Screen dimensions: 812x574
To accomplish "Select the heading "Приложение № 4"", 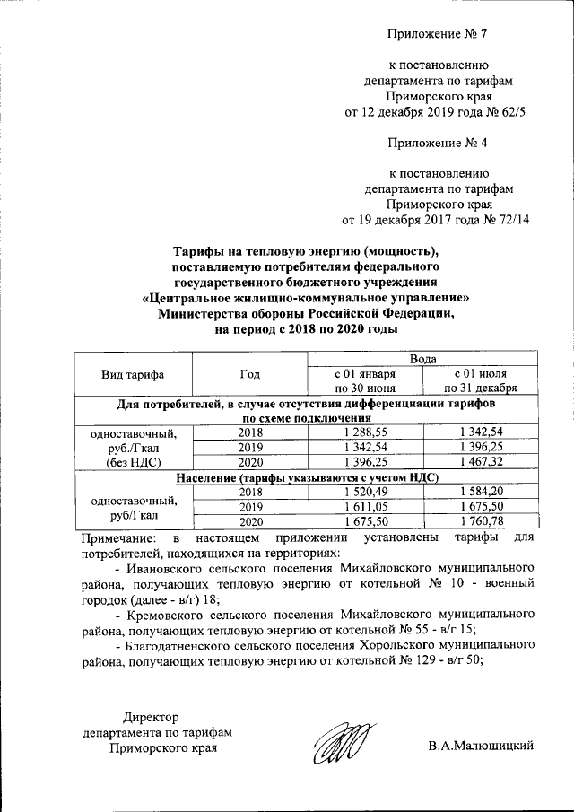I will [x=439, y=142].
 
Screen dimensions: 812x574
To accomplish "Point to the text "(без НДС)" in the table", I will [x=133, y=462].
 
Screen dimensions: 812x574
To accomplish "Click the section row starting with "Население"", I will [x=306, y=477].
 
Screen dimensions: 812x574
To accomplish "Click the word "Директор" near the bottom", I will [x=151, y=716].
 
